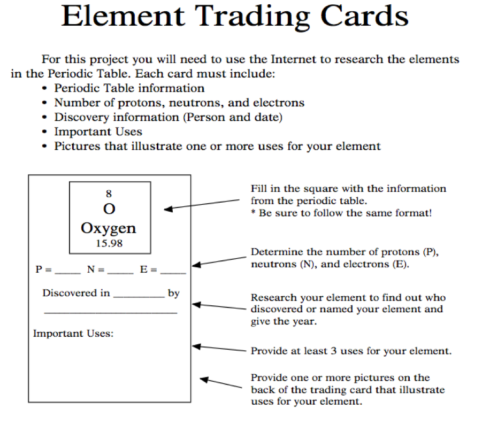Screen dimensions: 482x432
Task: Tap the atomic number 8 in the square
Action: point(109,194)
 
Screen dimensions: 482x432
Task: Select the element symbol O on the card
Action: point(109,208)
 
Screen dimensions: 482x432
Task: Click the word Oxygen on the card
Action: point(109,228)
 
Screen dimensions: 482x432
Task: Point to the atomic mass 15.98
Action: point(109,243)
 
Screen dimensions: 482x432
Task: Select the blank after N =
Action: point(120,272)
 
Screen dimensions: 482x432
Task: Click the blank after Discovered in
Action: point(139,295)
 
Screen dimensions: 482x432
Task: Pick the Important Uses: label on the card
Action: point(73,334)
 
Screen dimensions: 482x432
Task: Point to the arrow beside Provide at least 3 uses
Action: point(221,349)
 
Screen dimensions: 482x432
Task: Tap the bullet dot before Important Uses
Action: point(45,132)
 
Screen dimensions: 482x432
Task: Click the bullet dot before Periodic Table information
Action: point(45,88)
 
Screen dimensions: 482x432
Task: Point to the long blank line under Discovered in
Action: point(110,312)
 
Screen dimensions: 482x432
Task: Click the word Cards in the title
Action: point(364,17)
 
